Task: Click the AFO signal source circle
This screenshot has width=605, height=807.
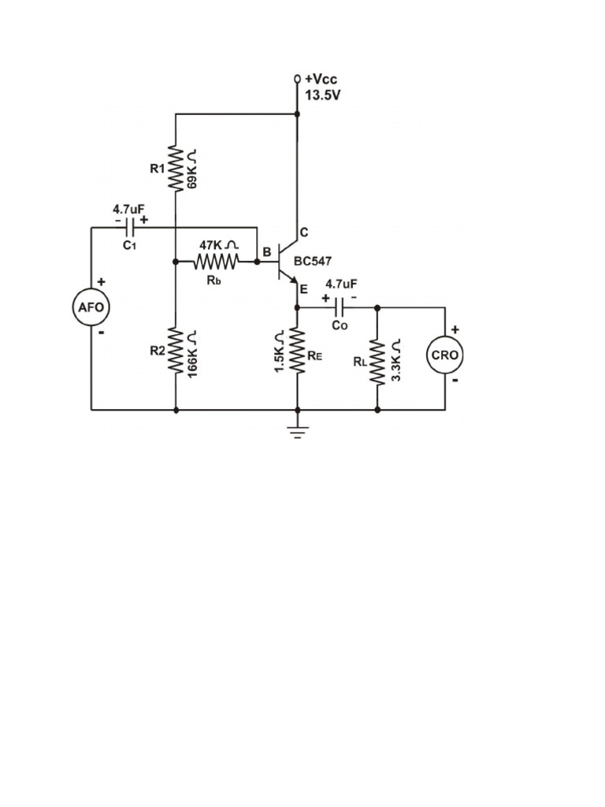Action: tap(91, 307)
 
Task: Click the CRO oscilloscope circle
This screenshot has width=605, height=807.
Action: tap(445, 355)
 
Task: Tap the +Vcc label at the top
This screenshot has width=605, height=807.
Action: tap(321, 80)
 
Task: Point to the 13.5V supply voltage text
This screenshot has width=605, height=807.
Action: tap(323, 95)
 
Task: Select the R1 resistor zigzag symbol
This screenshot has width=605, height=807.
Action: tap(175, 169)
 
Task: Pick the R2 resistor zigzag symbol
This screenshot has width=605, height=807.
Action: tap(175, 351)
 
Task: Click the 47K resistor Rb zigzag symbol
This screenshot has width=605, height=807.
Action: tap(217, 261)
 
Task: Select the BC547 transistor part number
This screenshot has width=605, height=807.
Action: tap(313, 260)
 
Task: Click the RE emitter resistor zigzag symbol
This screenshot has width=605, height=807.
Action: tap(297, 351)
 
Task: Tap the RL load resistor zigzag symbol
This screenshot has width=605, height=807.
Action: tap(377, 361)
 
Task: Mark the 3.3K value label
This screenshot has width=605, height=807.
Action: tap(395, 361)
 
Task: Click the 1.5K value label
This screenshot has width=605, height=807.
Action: tap(279, 351)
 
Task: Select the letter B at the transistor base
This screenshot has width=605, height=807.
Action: tap(267, 252)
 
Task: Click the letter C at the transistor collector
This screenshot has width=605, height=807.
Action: tap(304, 232)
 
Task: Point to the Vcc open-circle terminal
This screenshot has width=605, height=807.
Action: tap(297, 80)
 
